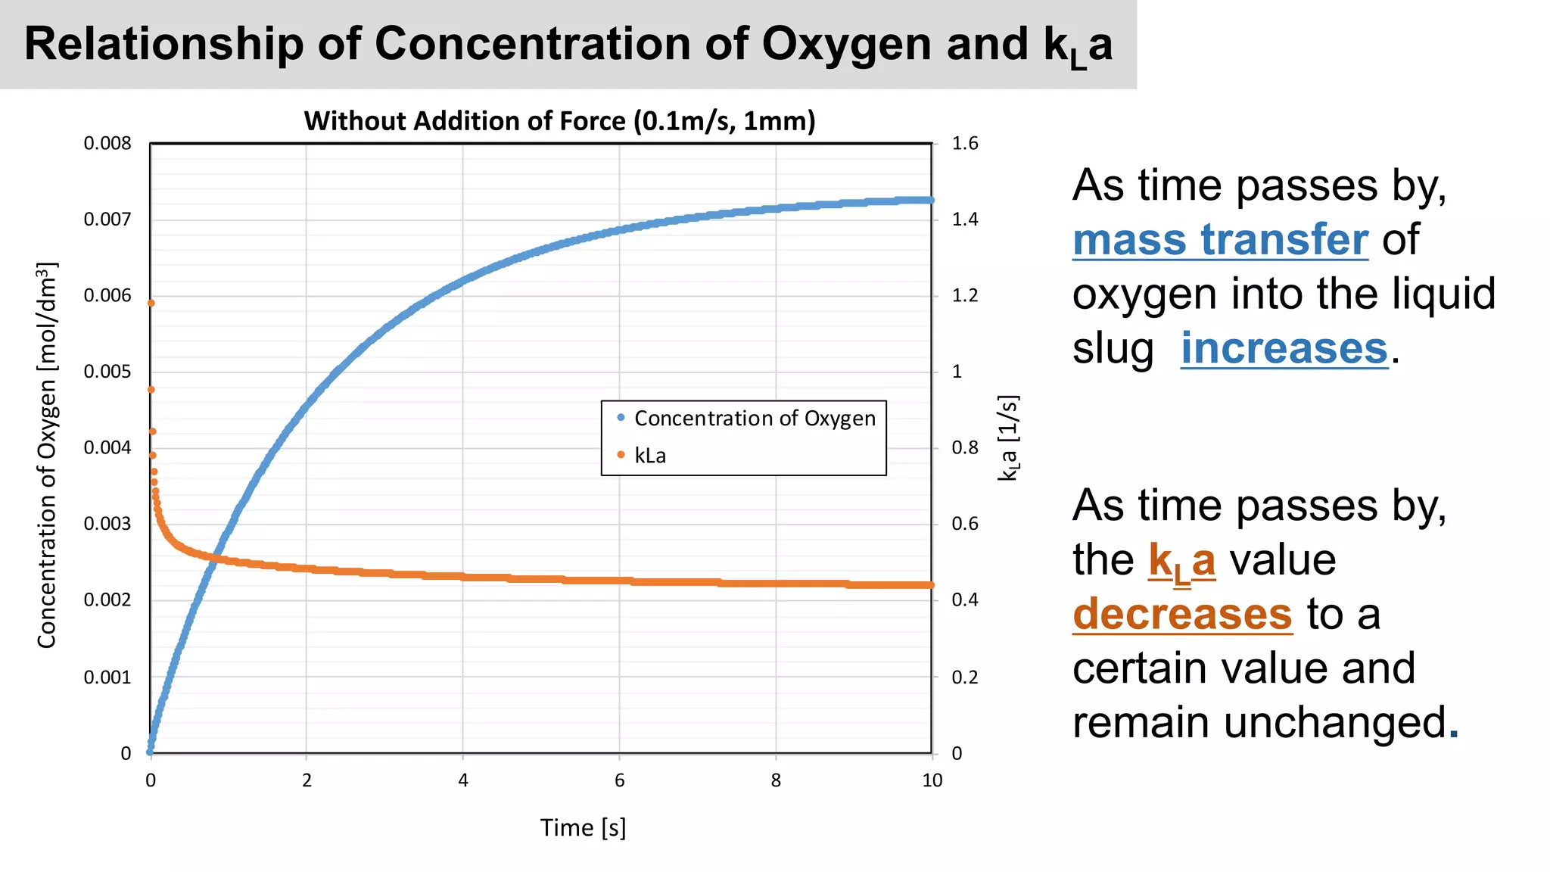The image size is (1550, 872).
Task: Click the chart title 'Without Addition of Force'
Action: click(x=559, y=122)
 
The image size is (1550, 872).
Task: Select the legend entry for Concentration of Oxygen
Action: click(x=754, y=419)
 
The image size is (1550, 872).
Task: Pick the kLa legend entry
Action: click(x=649, y=456)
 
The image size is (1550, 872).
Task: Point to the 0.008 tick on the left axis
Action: click(x=107, y=144)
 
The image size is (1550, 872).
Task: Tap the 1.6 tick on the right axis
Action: click(x=965, y=144)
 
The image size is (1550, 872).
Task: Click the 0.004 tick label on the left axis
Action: click(x=107, y=448)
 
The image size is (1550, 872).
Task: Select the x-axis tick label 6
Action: click(x=619, y=780)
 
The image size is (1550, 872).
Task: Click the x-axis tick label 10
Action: click(x=932, y=780)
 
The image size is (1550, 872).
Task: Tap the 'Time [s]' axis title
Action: click(x=583, y=827)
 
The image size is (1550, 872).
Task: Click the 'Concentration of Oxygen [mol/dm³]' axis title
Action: click(x=47, y=455)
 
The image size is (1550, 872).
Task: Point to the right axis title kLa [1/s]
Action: click(x=1009, y=438)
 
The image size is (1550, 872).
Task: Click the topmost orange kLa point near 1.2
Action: click(x=151, y=303)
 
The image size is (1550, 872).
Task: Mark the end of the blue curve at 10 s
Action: click(x=930, y=200)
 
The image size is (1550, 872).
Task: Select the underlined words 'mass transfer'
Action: click(x=1220, y=240)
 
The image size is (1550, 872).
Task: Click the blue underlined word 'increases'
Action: click(x=1284, y=348)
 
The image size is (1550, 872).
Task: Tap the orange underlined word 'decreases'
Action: click(x=1182, y=614)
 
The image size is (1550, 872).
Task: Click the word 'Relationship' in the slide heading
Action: click(x=163, y=44)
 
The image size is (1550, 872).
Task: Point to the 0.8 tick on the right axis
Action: click(x=965, y=448)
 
